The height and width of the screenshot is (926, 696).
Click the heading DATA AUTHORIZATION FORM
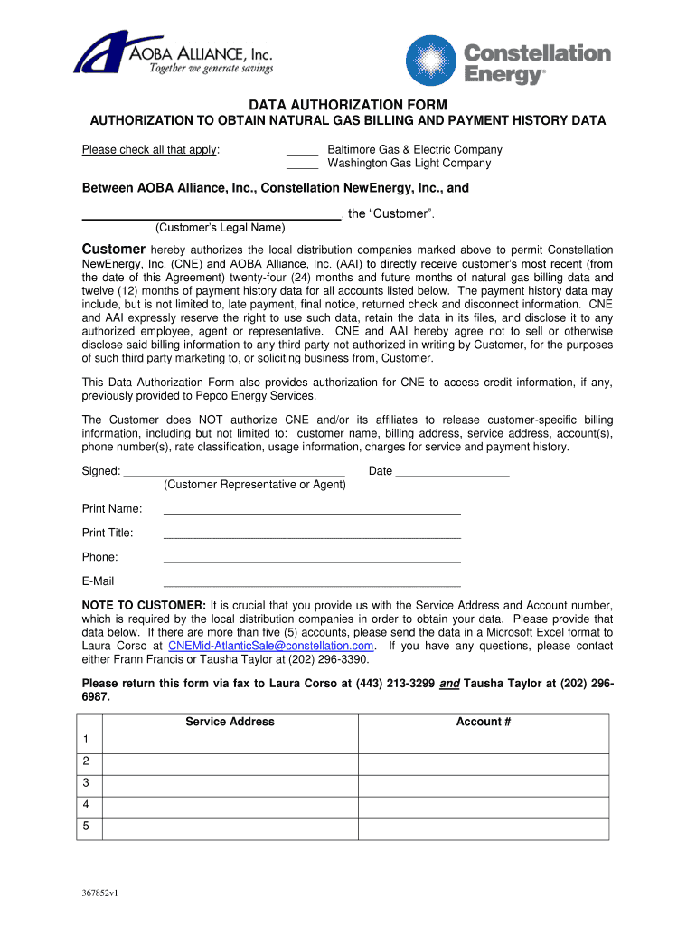(347, 105)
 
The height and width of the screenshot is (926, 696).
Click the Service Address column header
(230, 722)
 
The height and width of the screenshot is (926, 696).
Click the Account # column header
(484, 722)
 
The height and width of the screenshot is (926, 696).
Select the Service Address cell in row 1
(230, 742)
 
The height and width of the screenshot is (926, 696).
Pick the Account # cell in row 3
(484, 785)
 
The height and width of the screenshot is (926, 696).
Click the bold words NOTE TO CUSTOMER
(144, 605)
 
